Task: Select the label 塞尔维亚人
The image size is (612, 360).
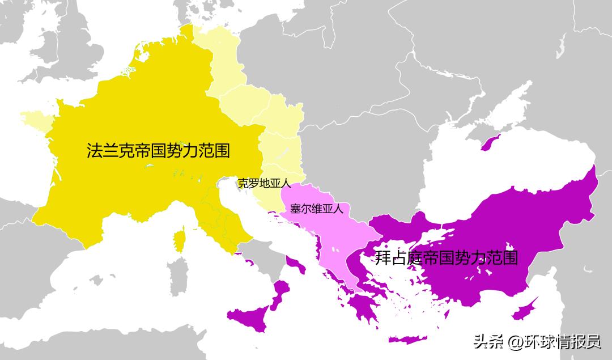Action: point(316,209)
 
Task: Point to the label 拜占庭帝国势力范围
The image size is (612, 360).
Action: point(447,258)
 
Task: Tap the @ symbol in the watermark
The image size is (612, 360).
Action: point(515,342)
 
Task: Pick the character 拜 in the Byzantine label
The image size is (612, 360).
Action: point(383,258)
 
